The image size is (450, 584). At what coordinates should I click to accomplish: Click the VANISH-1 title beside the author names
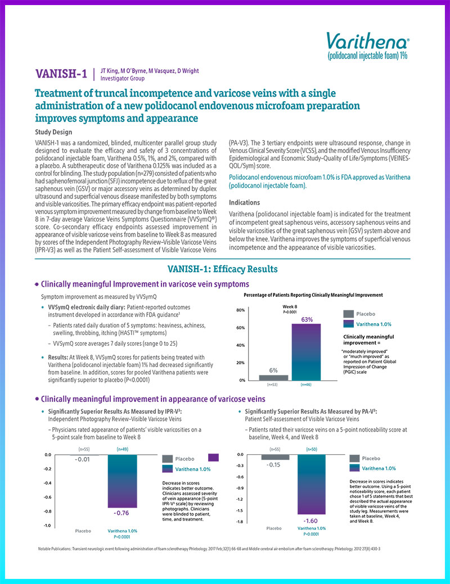coord(62,74)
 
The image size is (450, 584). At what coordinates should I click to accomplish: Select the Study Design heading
coord(53,132)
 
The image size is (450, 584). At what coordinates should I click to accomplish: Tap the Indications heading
coord(245,202)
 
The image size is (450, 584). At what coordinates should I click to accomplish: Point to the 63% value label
coord(307,320)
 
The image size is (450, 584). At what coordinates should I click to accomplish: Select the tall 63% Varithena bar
coord(306,352)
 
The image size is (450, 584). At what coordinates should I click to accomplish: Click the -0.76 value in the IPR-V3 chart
coord(122,513)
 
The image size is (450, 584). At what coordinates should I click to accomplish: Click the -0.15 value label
coord(274,464)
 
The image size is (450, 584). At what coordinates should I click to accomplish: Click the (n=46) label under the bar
coord(306,385)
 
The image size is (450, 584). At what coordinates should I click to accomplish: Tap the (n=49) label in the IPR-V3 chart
coord(123,449)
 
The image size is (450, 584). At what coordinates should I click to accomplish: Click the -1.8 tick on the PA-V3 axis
coord(240,522)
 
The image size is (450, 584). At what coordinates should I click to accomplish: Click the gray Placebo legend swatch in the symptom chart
coord(348,314)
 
